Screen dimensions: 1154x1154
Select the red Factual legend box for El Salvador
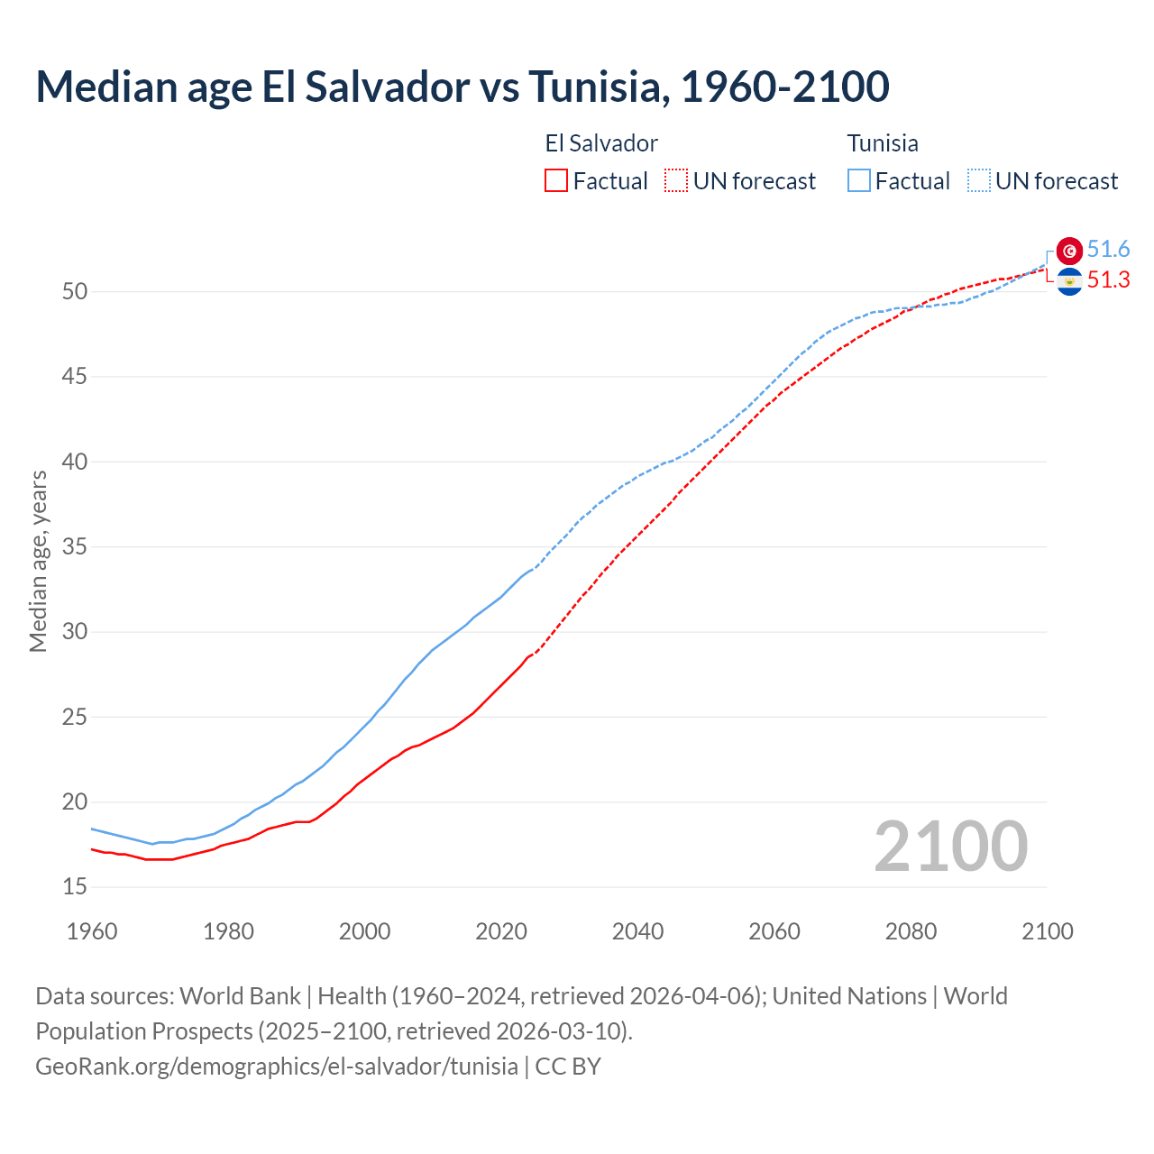(556, 181)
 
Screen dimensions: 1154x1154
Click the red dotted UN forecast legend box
(676, 181)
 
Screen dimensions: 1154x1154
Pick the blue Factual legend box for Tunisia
(859, 181)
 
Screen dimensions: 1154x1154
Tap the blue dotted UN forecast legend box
(979, 181)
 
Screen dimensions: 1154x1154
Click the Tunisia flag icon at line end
(1069, 251)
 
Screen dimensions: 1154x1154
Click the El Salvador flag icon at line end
(1069, 282)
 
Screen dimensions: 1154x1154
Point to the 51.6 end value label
(1108, 250)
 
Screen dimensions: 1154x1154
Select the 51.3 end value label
(1108, 280)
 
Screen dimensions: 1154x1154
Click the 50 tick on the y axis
(75, 291)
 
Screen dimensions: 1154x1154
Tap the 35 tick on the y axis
(75, 546)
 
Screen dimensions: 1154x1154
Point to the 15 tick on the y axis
(75, 887)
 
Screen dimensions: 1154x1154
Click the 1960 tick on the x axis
(92, 931)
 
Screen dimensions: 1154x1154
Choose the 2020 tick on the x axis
(501, 931)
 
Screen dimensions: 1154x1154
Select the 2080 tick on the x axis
(911, 931)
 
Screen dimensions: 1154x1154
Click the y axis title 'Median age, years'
(38, 561)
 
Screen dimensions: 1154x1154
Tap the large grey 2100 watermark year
(950, 847)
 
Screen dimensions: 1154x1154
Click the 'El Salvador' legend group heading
(601, 143)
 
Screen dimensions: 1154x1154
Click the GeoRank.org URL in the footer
(277, 1067)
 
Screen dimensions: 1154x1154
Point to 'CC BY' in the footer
(568, 1067)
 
